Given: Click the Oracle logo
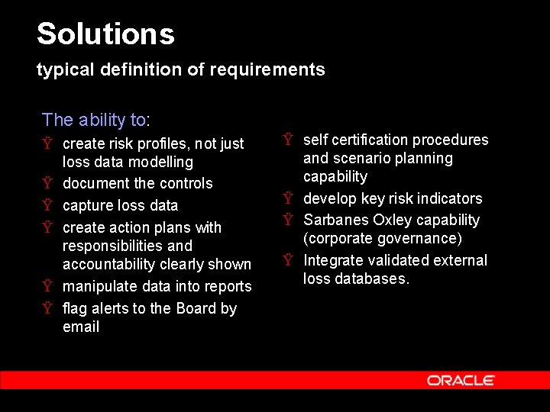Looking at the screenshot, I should point(461,380).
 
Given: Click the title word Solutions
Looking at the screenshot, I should point(105,34).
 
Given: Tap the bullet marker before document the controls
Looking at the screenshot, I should point(47,184).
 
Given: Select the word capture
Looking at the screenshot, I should point(86,206).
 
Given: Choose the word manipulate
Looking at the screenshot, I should point(99,286).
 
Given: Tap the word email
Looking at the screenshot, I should point(81,327).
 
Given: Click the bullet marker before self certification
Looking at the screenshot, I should point(288,140).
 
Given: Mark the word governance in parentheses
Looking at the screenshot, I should point(420,239).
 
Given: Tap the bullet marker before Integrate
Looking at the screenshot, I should point(288,261).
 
